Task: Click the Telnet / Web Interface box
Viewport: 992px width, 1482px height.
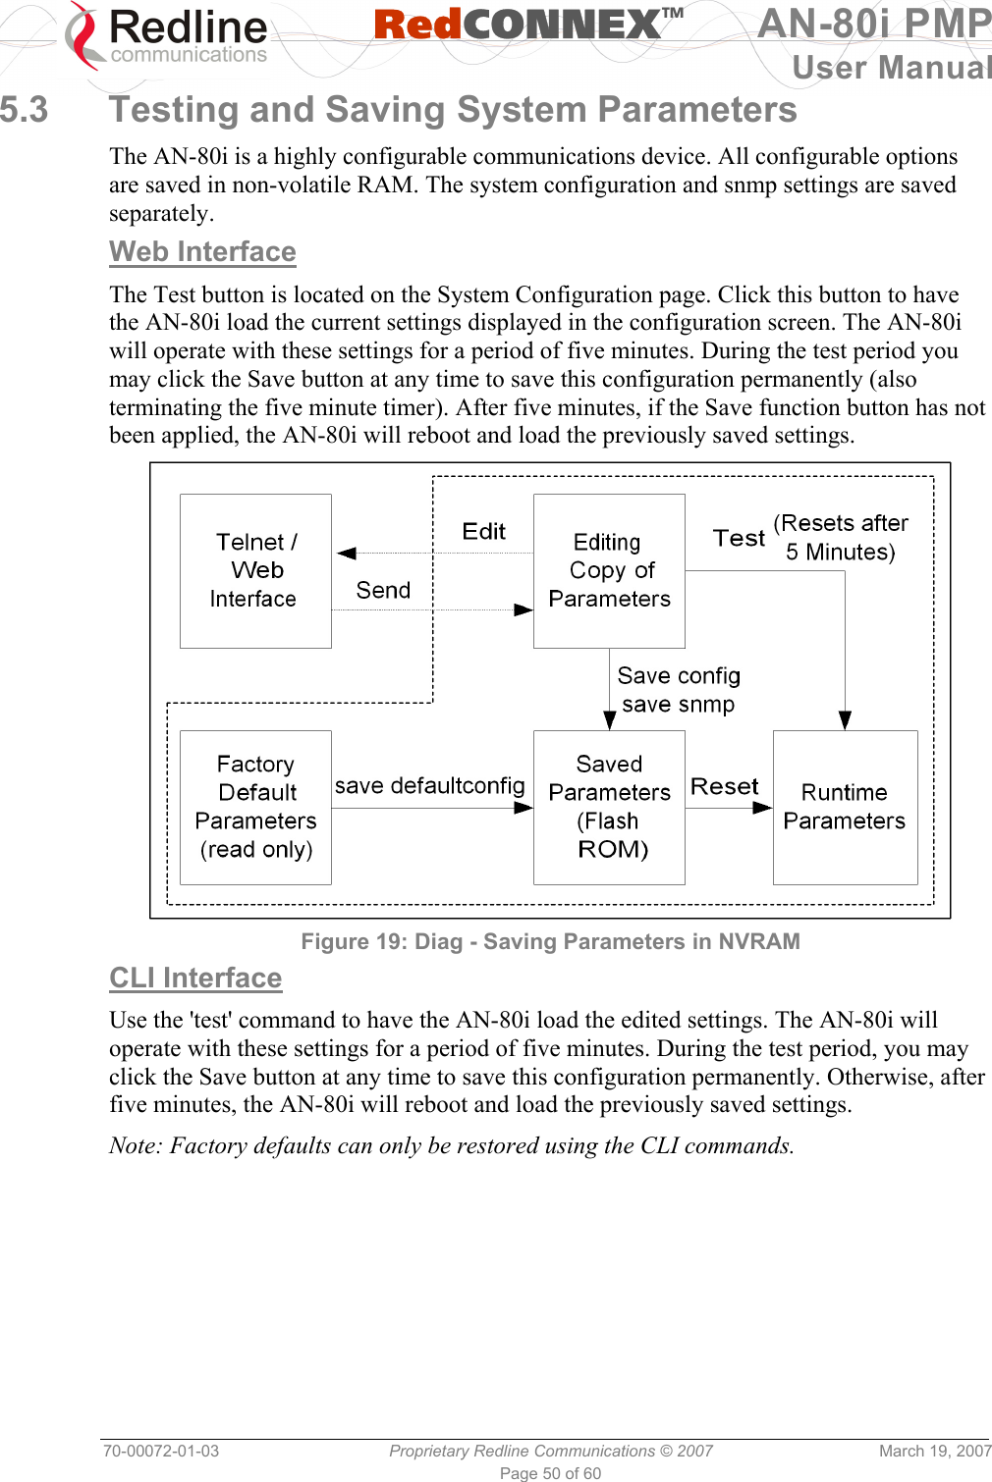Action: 255,570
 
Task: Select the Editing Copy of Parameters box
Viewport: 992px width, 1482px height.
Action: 609,570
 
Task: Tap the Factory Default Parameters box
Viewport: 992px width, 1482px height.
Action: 255,807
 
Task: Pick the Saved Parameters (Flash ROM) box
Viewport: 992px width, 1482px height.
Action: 609,807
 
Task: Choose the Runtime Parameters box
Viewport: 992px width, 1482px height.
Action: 845,807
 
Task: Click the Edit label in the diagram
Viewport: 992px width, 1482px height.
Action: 483,532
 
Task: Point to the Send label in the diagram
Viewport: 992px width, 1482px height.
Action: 383,590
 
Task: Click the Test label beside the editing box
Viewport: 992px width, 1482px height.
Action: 739,538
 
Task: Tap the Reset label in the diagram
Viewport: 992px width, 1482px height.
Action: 725,786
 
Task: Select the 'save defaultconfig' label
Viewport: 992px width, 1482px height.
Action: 430,786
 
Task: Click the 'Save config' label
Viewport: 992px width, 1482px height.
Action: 679,676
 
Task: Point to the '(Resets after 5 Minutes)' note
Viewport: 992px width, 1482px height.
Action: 841,537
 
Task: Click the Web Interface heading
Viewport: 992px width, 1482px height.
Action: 202,252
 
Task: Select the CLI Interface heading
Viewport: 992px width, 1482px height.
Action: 195,978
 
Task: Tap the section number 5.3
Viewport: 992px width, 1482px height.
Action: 25,110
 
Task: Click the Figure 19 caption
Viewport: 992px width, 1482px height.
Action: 550,941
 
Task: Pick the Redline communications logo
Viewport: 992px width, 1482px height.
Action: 167,37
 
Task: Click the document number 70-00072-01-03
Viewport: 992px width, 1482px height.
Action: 161,1451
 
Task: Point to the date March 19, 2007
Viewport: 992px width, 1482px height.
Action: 934,1451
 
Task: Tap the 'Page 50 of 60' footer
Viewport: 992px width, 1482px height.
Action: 550,1473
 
